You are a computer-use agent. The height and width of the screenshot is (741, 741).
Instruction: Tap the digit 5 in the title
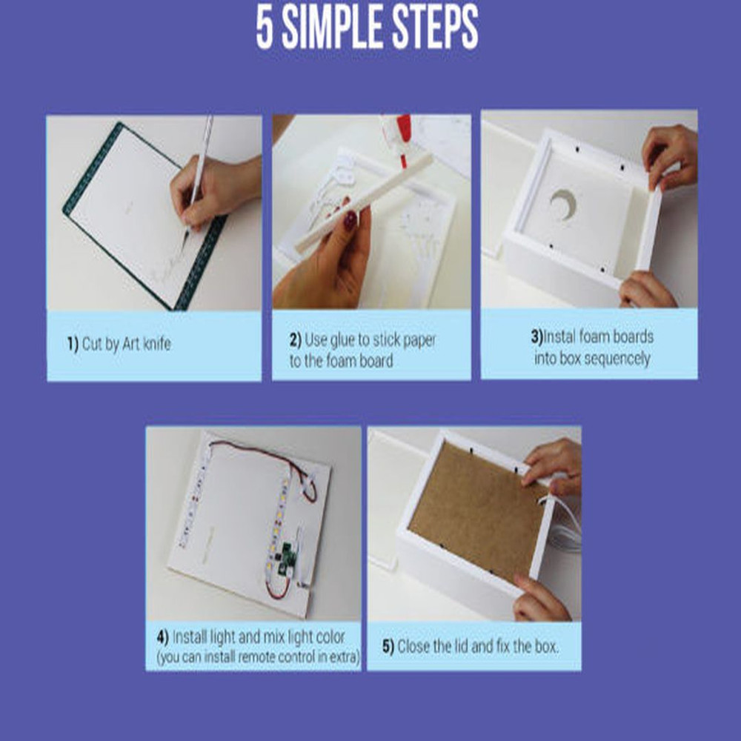click(265, 27)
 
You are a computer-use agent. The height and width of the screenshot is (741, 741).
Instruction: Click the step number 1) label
click(73, 344)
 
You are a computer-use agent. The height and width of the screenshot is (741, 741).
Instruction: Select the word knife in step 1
click(156, 343)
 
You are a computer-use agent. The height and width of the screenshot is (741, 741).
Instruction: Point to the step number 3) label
click(536, 337)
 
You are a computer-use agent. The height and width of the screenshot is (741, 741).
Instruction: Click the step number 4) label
click(162, 637)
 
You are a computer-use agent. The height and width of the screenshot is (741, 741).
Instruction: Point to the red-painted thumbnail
click(350, 220)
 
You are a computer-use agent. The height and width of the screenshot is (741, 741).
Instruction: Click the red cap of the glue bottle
click(404, 137)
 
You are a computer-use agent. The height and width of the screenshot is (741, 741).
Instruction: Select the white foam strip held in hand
click(364, 202)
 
